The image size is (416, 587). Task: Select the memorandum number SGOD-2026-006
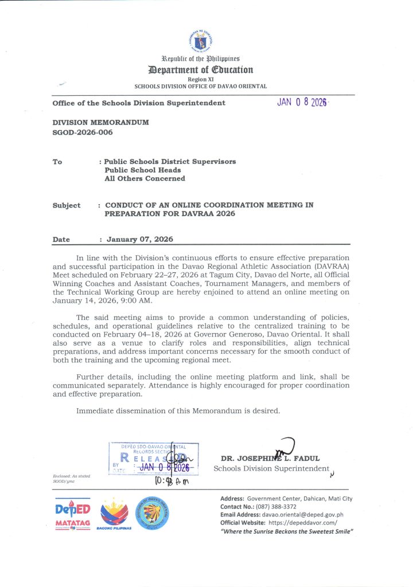(83, 132)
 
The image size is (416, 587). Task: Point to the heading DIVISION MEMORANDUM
(100, 123)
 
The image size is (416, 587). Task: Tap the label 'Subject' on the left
(67, 205)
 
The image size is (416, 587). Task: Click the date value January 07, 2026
(139, 240)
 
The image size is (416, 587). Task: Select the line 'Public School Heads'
(142, 170)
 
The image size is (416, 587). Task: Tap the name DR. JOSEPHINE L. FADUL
(270, 459)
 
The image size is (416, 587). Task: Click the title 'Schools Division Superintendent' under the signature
(271, 468)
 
